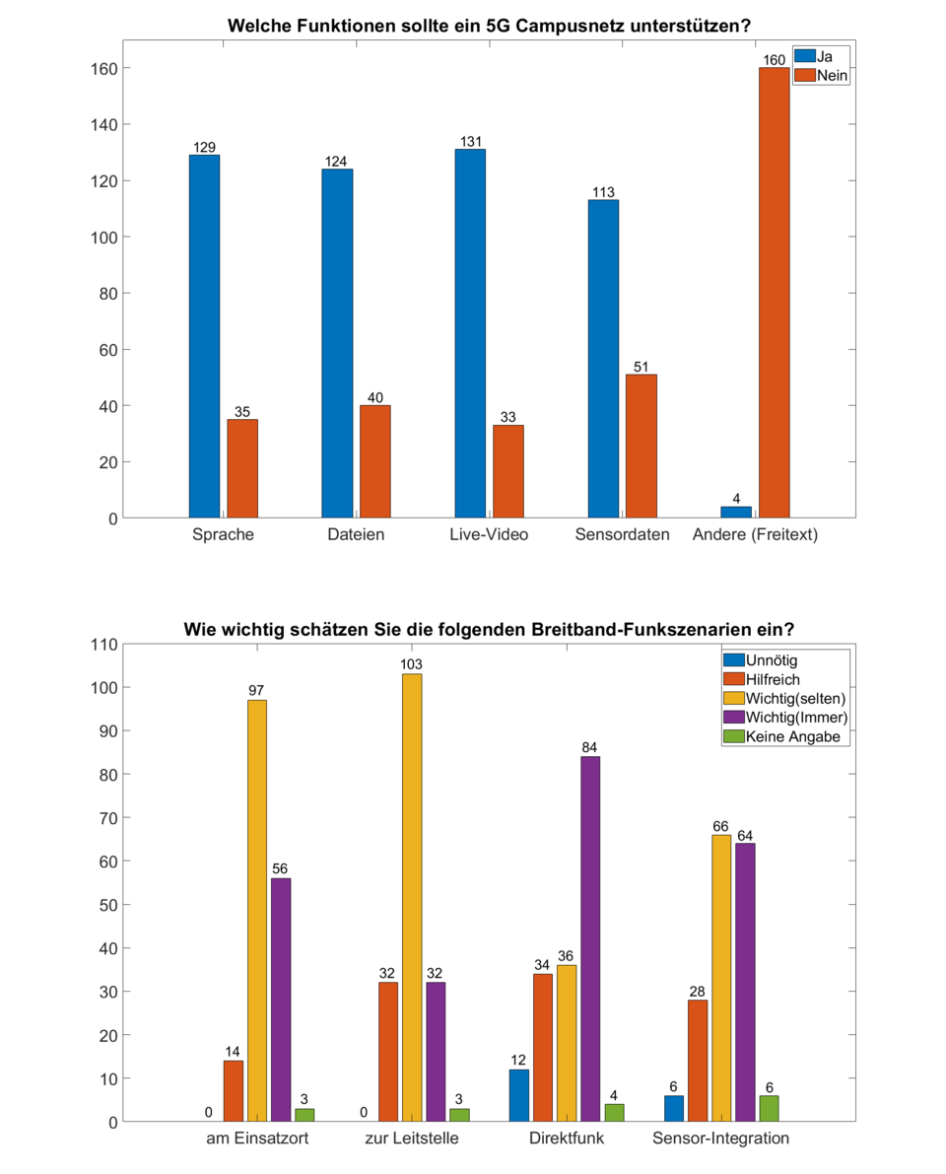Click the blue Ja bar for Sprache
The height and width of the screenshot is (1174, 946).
(204, 336)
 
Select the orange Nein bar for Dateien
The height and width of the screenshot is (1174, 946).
(374, 461)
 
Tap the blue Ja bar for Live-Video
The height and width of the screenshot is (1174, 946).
(470, 333)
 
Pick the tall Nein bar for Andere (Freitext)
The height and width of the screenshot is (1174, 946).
(774, 293)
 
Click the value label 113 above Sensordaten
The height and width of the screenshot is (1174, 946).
(603, 192)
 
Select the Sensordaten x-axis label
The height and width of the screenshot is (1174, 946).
(623, 535)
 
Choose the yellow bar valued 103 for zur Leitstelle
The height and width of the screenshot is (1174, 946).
(411, 897)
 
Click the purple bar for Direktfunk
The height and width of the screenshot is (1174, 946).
(590, 938)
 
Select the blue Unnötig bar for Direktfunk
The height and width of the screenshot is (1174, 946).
(519, 1095)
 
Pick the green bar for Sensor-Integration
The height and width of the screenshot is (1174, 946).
(770, 1108)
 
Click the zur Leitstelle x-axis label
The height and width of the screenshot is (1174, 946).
(411, 1139)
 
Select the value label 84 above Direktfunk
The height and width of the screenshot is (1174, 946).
(590, 747)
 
